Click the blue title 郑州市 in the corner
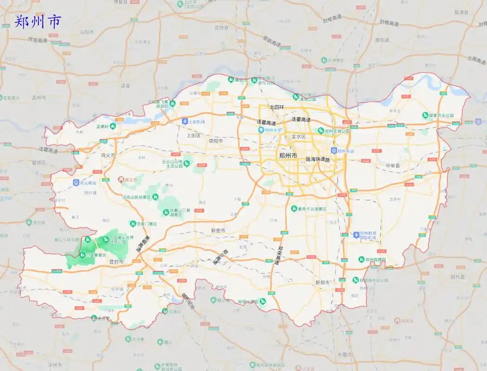point(38,22)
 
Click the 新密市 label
point(218,230)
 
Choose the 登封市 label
point(116,262)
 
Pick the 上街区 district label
point(193,136)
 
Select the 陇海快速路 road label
point(317,160)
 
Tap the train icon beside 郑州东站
point(333,151)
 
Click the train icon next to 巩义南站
point(76,183)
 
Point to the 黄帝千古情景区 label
point(312,209)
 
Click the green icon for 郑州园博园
point(361,260)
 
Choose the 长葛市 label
point(345,355)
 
